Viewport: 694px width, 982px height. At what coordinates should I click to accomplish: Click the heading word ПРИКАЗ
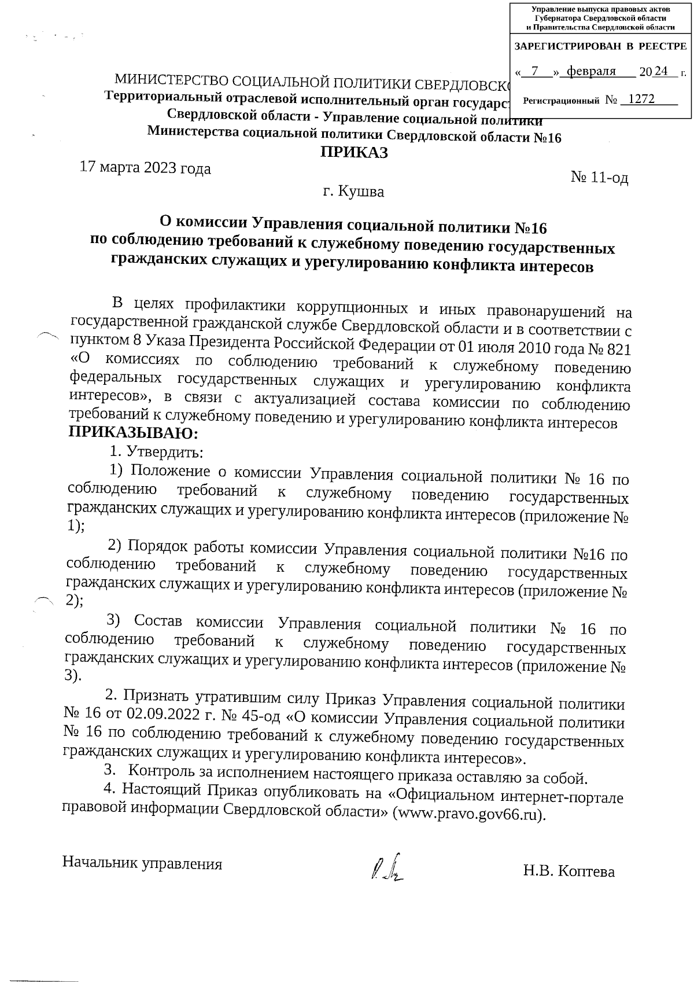(x=354, y=153)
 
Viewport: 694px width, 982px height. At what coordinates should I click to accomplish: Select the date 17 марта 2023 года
(x=145, y=168)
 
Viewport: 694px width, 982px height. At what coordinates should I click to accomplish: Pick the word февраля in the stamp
(x=592, y=71)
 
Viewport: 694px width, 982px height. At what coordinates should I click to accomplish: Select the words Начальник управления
(x=142, y=864)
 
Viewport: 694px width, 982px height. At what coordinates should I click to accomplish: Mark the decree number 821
(x=616, y=350)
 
